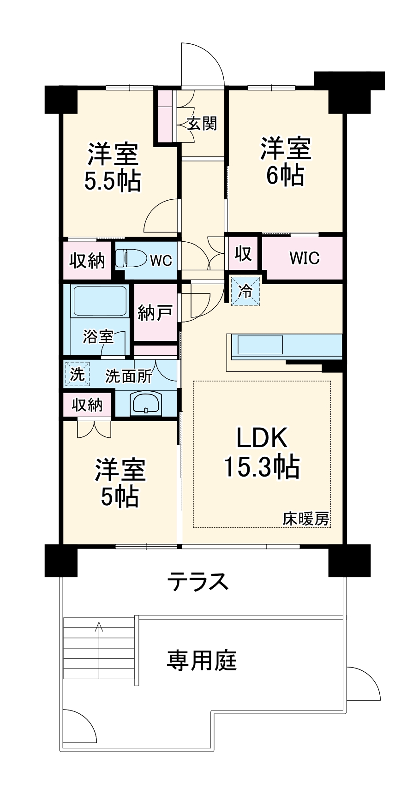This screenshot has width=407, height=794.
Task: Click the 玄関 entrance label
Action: click(202, 124)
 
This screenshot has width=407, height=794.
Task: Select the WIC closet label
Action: click(304, 258)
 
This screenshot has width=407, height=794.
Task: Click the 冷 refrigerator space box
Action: click(245, 291)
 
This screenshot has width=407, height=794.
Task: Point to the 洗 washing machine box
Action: click(77, 374)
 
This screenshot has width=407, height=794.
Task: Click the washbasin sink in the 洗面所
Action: click(146, 403)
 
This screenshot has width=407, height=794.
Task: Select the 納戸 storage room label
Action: click(155, 313)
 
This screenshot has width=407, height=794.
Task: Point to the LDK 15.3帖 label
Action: click(262, 453)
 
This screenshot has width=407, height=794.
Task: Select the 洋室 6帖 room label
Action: click(285, 161)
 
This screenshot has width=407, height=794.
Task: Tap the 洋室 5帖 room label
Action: click(120, 483)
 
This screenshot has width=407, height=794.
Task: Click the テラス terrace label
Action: click(198, 581)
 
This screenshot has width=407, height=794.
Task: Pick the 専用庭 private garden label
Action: click(202, 660)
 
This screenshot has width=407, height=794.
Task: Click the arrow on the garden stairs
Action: click(99, 627)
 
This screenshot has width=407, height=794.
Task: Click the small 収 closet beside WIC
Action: click(243, 253)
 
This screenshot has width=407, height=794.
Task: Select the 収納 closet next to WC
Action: click(87, 261)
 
